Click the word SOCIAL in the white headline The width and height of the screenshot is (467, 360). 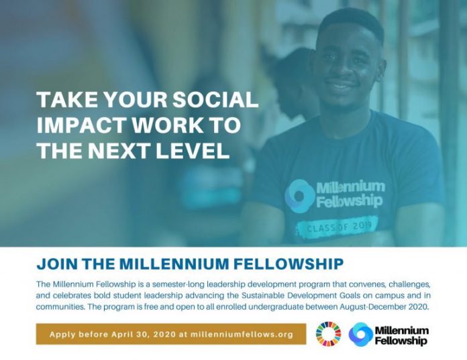point(215,99)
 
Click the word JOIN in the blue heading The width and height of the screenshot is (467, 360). point(56,264)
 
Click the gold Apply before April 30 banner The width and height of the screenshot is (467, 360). point(171,334)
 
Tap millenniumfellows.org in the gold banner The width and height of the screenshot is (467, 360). point(242,335)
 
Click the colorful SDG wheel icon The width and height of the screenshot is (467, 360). point(328,334)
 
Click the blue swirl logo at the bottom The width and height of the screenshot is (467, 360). point(361,335)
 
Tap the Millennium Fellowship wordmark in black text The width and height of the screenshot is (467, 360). point(402,335)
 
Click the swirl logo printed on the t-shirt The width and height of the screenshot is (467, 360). point(300,196)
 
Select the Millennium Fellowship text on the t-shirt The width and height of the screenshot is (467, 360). point(350,194)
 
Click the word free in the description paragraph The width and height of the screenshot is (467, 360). point(151,307)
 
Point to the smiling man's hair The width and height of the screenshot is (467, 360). point(352,22)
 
